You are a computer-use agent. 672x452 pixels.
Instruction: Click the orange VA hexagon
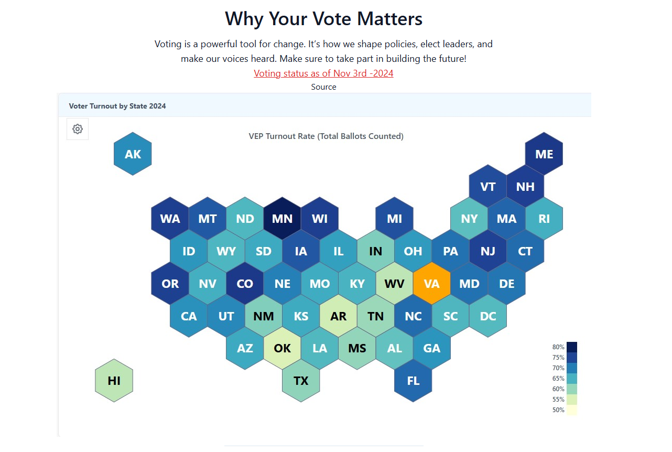coord(431,284)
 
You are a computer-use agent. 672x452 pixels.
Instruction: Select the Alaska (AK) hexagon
coord(133,154)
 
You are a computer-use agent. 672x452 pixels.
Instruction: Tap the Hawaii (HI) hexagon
coord(114,381)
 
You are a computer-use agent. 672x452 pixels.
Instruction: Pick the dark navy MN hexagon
coord(282,219)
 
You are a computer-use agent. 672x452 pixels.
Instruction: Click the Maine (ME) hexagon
coord(544,154)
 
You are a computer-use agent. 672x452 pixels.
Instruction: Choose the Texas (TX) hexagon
coord(301,381)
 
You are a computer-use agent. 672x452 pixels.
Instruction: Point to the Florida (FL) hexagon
coord(413,381)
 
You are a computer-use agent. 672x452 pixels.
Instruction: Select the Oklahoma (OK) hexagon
coord(282,348)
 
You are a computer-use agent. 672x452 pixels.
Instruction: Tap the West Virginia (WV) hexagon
coord(394,284)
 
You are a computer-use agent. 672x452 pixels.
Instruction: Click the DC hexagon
coord(488,316)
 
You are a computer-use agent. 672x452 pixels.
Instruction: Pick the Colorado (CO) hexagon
coord(245,284)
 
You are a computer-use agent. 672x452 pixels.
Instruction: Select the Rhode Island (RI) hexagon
coord(544,219)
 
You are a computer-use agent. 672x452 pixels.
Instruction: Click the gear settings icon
coord(78,129)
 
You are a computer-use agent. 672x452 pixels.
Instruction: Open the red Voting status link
coord(323,73)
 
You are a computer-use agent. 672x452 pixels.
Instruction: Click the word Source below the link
coord(323,87)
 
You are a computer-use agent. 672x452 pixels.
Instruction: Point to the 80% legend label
coord(558,347)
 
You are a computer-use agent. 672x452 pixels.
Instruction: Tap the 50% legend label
coord(558,410)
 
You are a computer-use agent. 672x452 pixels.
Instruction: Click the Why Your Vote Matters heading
coord(323,19)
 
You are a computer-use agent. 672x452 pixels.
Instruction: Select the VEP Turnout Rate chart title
coord(326,136)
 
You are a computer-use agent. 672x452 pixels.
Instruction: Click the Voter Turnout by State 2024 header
coord(117,106)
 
